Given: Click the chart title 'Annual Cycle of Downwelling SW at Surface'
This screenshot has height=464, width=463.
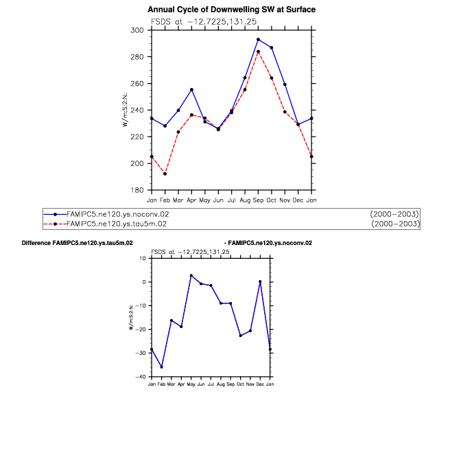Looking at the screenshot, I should coord(231,10).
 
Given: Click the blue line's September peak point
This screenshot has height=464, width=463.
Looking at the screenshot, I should coord(258,39).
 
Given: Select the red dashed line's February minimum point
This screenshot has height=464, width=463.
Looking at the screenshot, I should coord(165,174).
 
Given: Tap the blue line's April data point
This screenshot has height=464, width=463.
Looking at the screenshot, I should coord(191,90).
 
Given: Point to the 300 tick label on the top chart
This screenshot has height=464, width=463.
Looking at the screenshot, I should coord(136,30).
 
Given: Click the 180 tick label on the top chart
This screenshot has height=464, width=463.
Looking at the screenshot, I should coord(136,190).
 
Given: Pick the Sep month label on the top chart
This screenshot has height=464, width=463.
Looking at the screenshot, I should coord(258,200).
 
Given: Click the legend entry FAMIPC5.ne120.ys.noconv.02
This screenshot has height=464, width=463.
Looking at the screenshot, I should coord(117,214).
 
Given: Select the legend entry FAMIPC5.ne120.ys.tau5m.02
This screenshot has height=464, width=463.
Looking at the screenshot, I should coord(117,224).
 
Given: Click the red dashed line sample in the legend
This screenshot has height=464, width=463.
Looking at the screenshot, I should coord(55,224).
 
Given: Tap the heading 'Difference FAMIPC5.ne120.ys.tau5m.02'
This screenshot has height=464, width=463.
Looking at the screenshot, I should coord(77,243).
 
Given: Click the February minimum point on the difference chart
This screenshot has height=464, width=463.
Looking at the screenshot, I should coord(161,367).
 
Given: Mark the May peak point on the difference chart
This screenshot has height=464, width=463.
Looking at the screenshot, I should coord(191,275).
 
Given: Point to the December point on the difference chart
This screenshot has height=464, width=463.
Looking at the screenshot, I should coord(260,281).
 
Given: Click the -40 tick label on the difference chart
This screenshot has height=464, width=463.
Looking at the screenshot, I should coord(142,377).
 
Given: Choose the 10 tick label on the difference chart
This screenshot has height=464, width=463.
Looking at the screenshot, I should coord(143,258).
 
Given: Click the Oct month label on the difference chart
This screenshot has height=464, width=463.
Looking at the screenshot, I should coord(241,384).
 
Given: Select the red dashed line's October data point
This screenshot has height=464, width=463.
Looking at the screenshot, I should coord(272,78).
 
